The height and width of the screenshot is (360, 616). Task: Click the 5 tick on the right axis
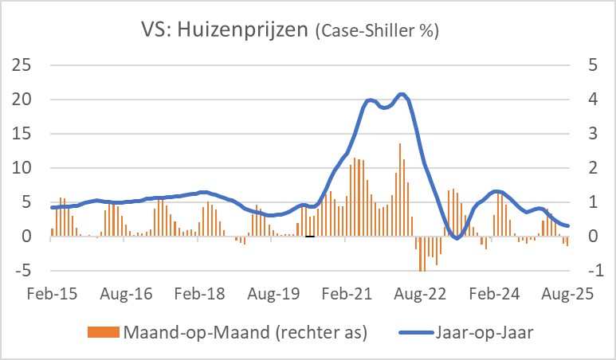(591, 65)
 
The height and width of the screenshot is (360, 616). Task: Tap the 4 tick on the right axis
(591, 100)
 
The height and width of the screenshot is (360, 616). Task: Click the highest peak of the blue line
(402, 95)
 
